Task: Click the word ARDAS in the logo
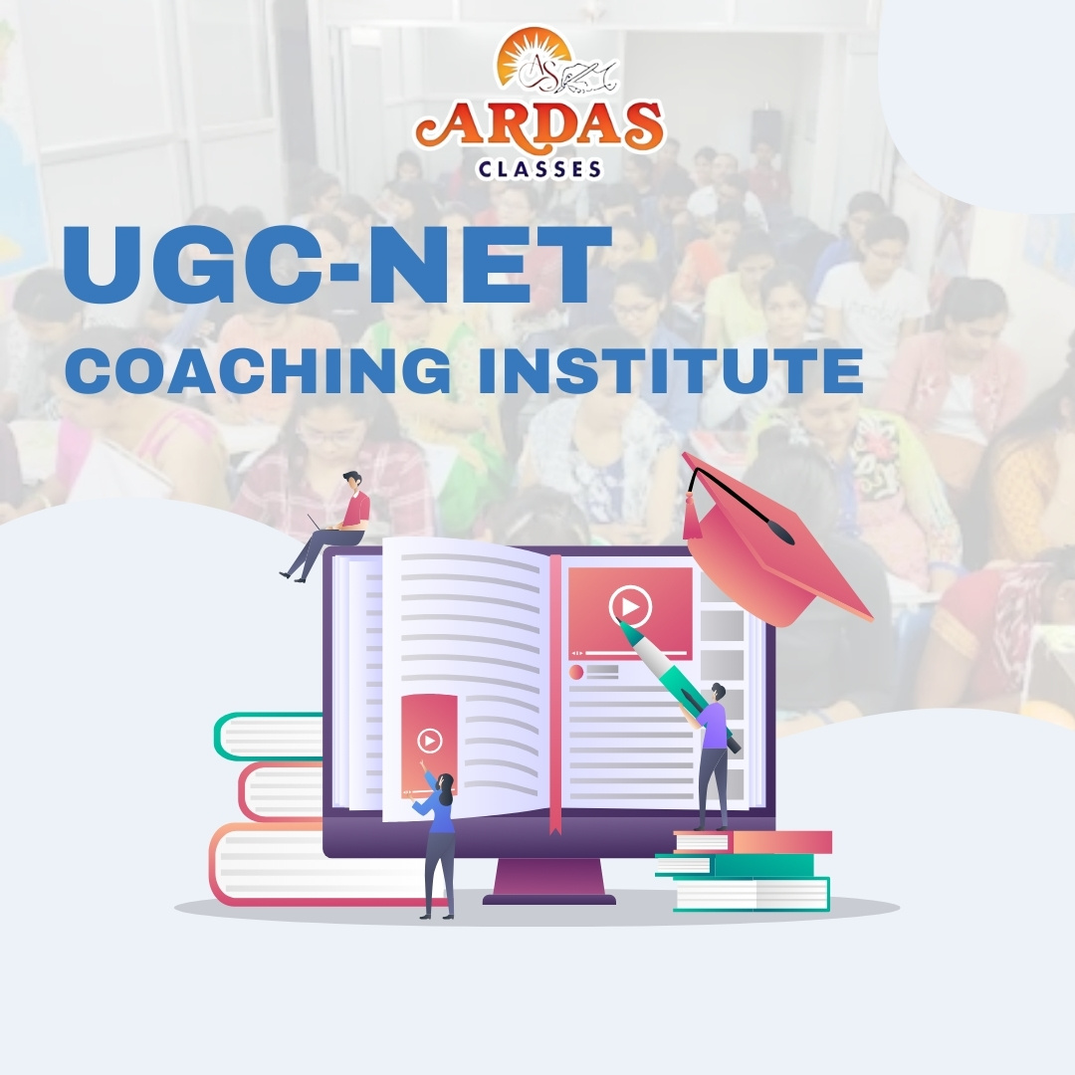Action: point(538,126)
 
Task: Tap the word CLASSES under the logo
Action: point(539,169)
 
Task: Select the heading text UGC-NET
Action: point(337,267)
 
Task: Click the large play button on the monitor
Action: point(630,606)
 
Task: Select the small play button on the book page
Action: point(429,741)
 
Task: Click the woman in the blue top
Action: point(439,836)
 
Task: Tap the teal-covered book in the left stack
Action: point(269,737)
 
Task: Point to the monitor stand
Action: point(548,882)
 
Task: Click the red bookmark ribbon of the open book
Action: point(555,697)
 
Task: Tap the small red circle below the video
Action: point(575,672)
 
